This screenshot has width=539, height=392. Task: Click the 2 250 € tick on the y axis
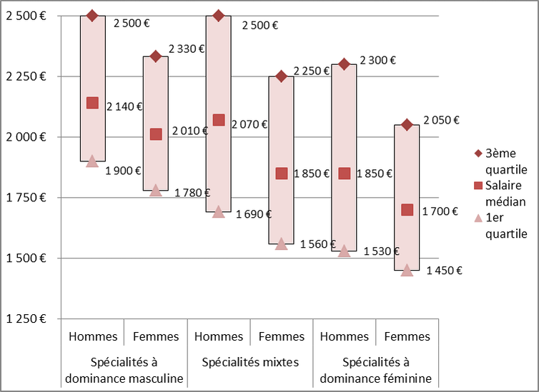pos(25,76)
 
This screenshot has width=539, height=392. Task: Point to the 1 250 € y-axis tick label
pos(25,318)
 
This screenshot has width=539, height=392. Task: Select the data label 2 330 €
pos(187,49)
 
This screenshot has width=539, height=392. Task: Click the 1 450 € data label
pos(444,270)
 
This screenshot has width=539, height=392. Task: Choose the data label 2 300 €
pos(378,61)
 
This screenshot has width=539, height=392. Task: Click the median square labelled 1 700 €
pos(407,209)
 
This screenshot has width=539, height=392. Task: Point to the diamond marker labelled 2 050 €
pos(407,125)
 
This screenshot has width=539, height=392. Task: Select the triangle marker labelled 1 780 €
pos(156,190)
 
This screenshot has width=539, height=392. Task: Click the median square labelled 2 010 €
pos(156,134)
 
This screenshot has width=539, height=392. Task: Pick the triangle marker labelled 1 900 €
pos(92,161)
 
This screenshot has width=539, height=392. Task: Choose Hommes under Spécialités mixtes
pos(219,336)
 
